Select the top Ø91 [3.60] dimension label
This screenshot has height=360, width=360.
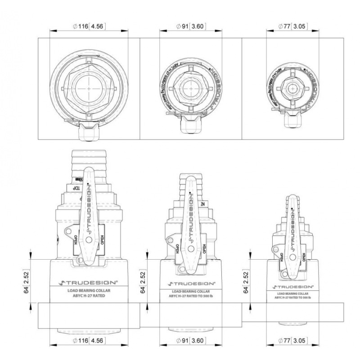click(191, 26)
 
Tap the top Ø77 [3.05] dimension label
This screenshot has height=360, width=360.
click(292, 26)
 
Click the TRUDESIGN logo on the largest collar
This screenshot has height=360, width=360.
click(89, 283)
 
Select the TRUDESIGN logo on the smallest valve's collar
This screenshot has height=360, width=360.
click(293, 286)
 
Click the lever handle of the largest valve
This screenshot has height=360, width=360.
click(88, 211)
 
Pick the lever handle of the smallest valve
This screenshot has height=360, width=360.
click(292, 234)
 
